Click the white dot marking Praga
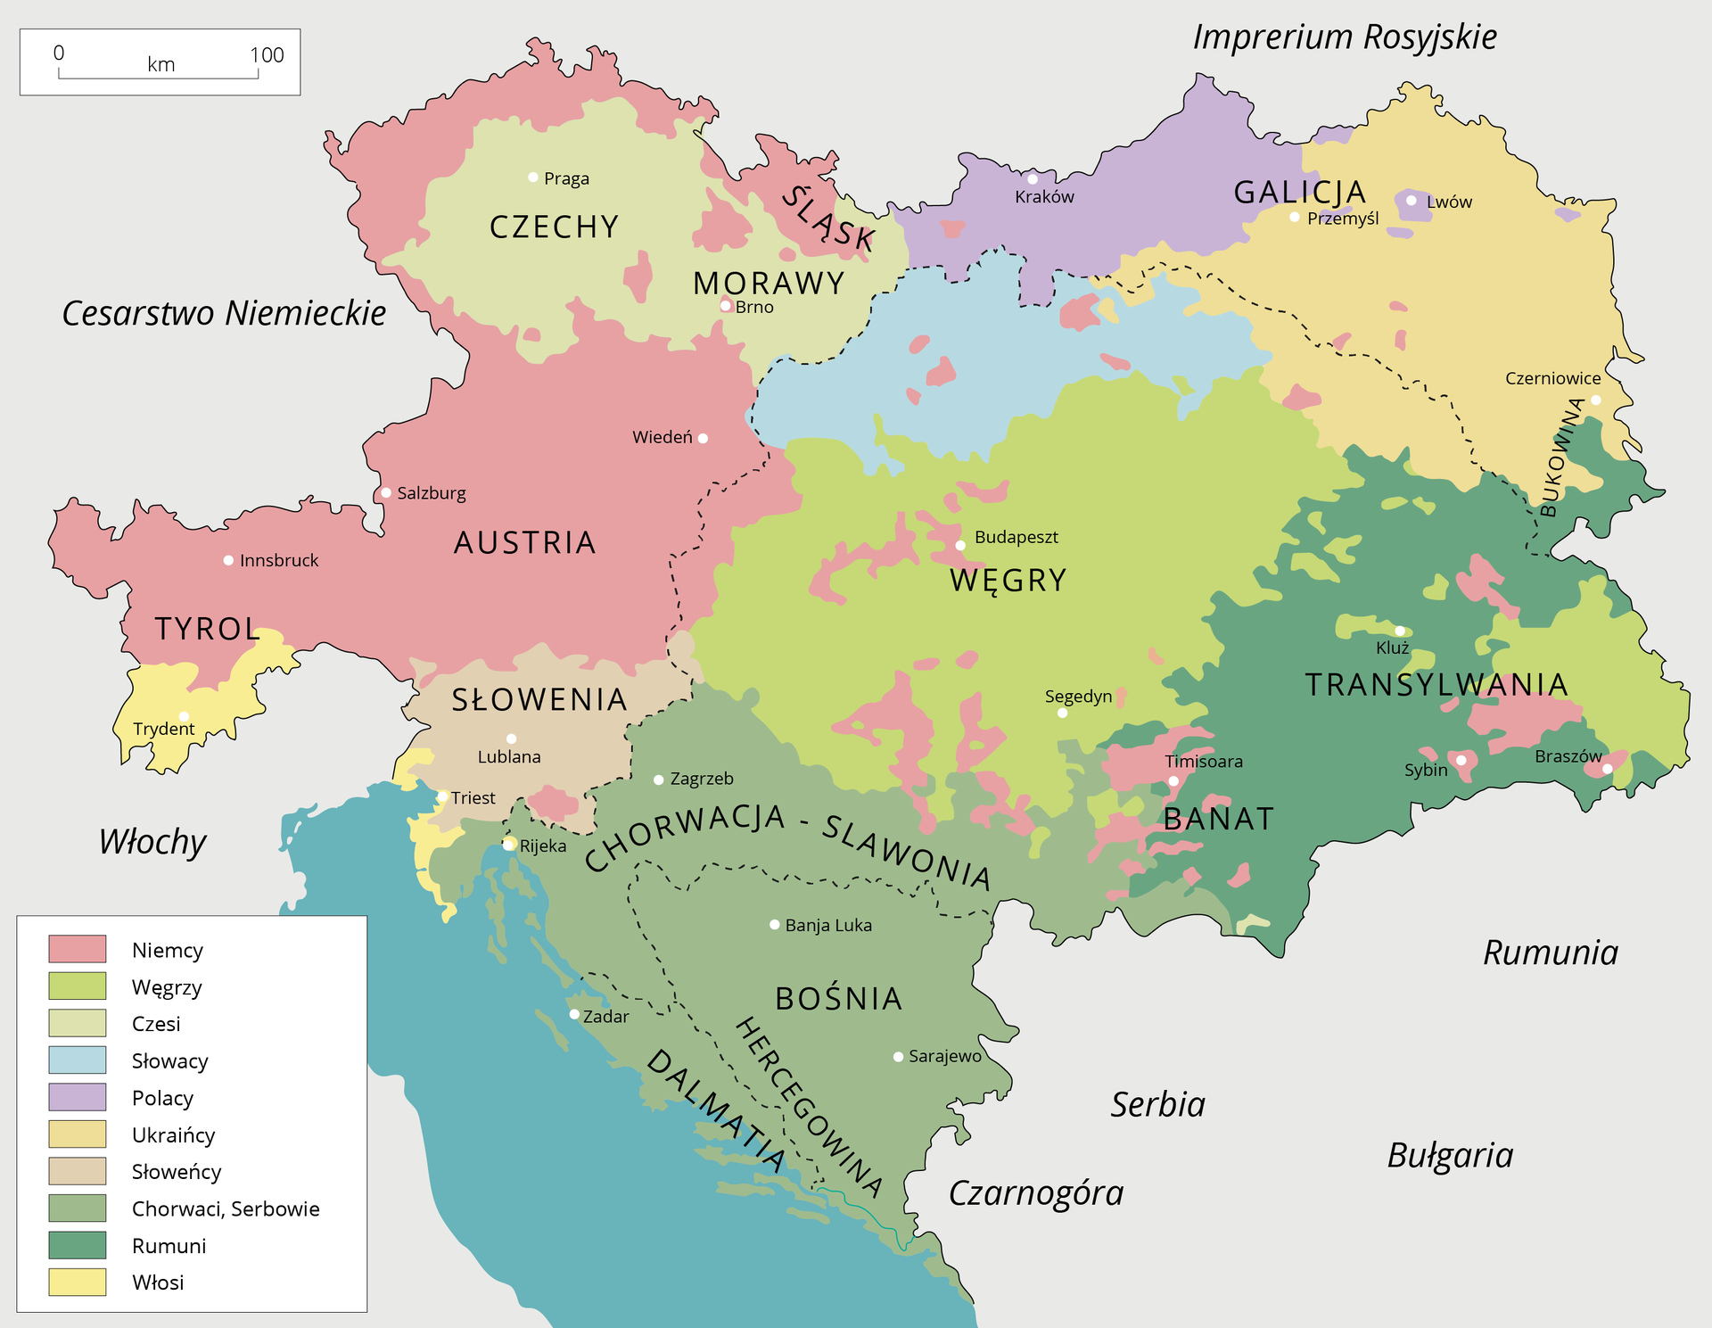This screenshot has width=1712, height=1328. tap(533, 177)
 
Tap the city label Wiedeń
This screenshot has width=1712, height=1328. tap(662, 437)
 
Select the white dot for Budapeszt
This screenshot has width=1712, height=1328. tap(960, 545)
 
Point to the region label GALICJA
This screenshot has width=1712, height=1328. tap(1300, 192)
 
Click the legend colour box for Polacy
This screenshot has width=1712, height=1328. tap(78, 1097)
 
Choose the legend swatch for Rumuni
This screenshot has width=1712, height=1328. tap(78, 1245)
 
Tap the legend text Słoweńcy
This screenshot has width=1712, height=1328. tap(176, 1171)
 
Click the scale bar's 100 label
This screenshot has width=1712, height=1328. tap(267, 55)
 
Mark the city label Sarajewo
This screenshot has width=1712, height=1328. tap(944, 1056)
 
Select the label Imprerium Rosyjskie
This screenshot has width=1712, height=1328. tap(1345, 37)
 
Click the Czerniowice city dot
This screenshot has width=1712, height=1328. tap(1595, 400)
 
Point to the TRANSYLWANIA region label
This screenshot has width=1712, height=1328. tap(1436, 684)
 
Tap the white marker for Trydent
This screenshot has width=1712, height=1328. tap(184, 716)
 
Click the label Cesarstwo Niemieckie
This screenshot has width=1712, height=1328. tap(224, 313)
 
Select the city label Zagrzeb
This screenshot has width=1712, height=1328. tap(702, 779)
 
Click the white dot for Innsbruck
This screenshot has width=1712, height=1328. tap(228, 560)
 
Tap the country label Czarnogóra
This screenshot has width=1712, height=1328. tap(1035, 1192)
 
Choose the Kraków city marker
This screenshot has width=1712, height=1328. tap(1033, 179)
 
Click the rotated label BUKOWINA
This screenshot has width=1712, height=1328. tap(1561, 457)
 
